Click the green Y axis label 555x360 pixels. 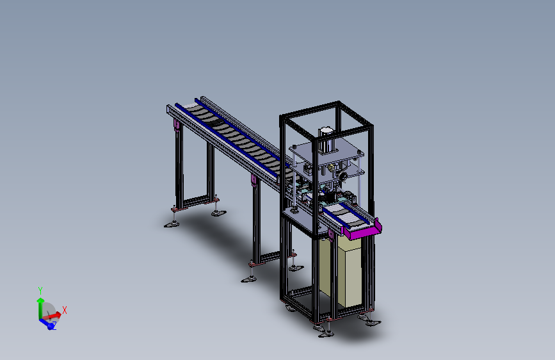click(x=40, y=291)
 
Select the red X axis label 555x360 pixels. click(x=65, y=311)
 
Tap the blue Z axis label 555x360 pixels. click(x=54, y=325)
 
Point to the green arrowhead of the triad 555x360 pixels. click(x=40, y=301)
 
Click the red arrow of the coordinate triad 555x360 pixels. click(x=51, y=316)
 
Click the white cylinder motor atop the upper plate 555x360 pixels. click(x=326, y=140)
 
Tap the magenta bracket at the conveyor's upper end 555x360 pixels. click(x=176, y=126)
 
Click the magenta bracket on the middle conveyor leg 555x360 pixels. click(x=253, y=179)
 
